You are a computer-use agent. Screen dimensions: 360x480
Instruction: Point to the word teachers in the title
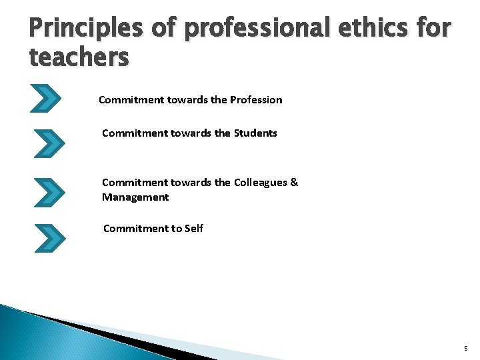79,58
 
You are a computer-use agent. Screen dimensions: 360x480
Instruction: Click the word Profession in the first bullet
256,100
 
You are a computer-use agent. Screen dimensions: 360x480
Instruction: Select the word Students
255,133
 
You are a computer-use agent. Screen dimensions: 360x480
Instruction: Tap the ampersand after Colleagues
294,183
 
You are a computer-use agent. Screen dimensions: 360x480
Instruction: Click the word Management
135,197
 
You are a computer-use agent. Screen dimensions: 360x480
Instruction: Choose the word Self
194,229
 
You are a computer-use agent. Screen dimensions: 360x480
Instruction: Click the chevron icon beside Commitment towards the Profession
46,98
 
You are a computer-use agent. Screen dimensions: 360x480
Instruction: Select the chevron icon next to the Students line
49,143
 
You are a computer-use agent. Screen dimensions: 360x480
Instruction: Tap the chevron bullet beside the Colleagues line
49,191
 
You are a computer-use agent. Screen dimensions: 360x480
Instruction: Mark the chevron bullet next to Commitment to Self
49,238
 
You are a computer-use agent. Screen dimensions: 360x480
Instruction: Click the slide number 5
466,349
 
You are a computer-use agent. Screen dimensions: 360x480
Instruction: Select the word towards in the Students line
191,133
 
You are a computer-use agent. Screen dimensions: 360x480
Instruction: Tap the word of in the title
163,28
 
